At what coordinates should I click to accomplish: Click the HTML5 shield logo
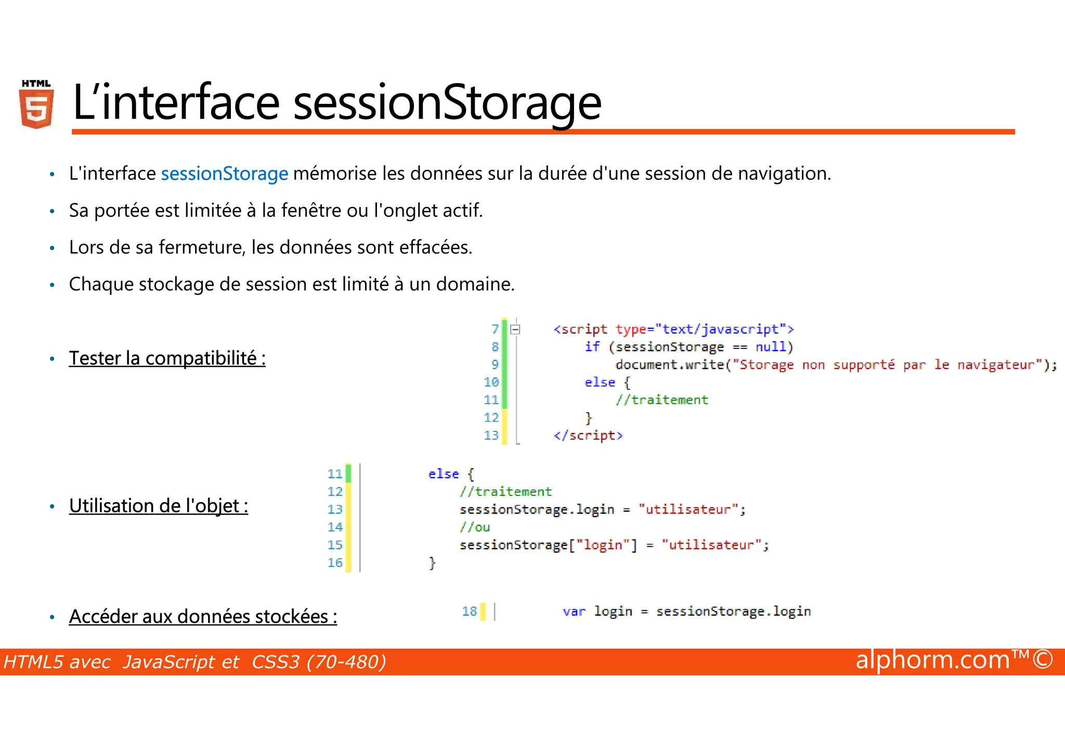[x=36, y=104]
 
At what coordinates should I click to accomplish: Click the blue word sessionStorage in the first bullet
[x=224, y=174]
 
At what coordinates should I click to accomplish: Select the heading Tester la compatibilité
[x=167, y=358]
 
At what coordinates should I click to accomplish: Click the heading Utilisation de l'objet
[x=158, y=506]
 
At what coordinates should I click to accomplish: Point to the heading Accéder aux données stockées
[x=203, y=616]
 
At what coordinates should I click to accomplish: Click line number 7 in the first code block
[x=495, y=329]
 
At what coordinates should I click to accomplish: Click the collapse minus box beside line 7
[x=515, y=329]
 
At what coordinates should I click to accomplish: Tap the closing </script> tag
[x=588, y=435]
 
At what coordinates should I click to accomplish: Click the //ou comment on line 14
[x=474, y=527]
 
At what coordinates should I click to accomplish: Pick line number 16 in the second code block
[x=335, y=562]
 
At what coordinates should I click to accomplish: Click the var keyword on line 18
[x=574, y=611]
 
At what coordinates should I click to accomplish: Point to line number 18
[x=469, y=611]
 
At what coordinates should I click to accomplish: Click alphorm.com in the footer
[x=932, y=660]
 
